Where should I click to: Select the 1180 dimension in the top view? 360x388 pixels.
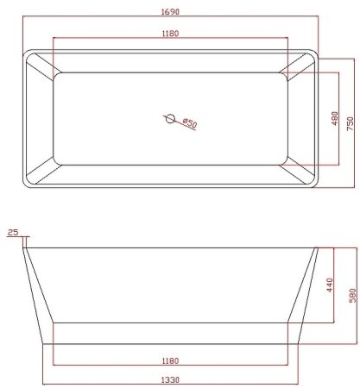[x=169, y=34]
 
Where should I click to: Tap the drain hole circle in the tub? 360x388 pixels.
[x=170, y=118]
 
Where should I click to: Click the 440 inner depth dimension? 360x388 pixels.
[x=329, y=286]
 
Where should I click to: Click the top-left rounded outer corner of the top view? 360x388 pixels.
[x=23, y=56]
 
